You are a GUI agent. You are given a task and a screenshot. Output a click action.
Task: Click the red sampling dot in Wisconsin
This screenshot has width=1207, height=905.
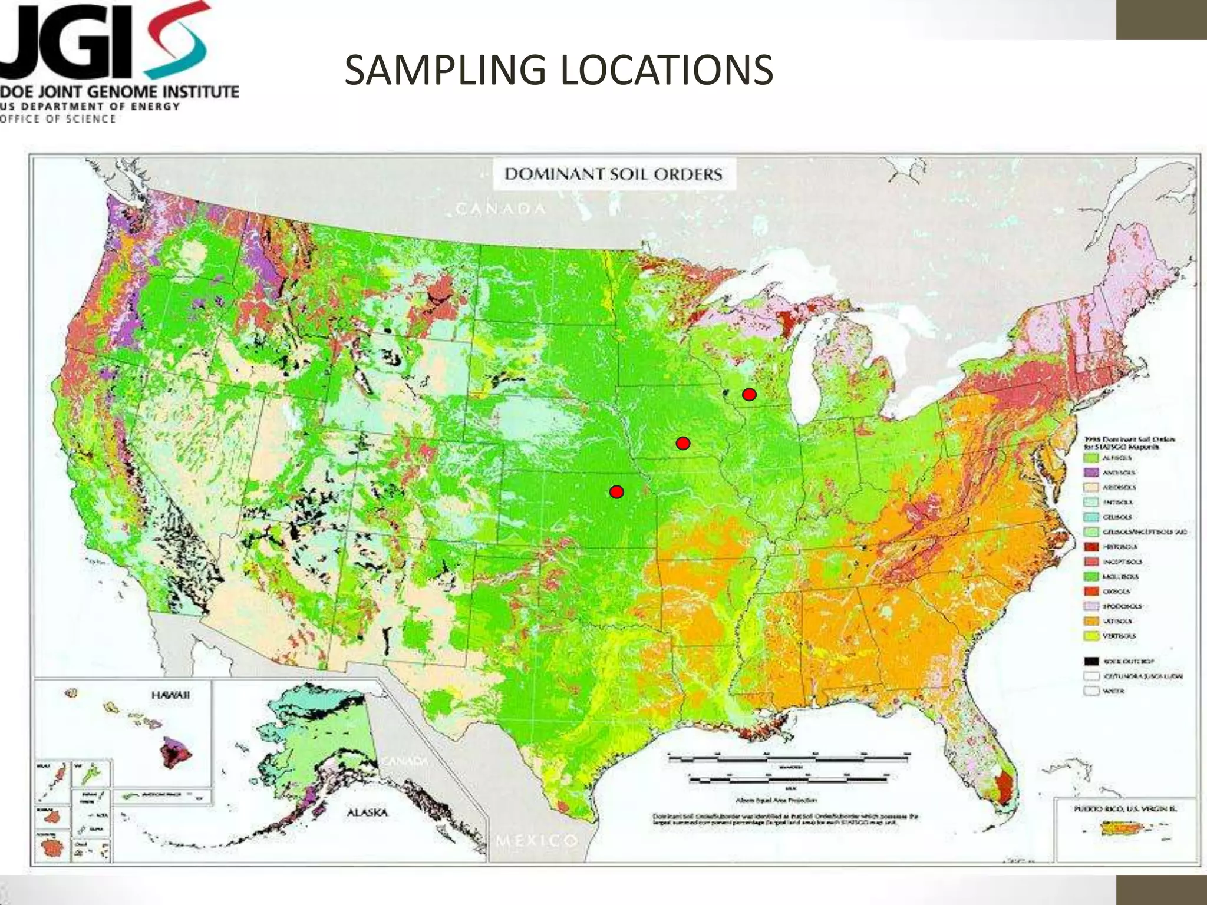pos(748,394)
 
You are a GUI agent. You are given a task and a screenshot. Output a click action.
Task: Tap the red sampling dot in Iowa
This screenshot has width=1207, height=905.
pos(682,443)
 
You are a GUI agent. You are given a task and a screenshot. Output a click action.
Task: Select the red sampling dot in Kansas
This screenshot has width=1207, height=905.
pos(616,491)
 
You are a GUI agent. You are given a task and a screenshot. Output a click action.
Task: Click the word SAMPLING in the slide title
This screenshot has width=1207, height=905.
pos(445,70)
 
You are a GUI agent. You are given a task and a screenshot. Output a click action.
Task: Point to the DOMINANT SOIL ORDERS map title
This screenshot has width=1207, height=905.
pos(613,174)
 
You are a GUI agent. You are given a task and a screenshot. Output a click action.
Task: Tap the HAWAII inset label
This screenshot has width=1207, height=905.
pos(170,695)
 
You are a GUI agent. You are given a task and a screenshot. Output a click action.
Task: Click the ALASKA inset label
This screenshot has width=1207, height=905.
pos(367,812)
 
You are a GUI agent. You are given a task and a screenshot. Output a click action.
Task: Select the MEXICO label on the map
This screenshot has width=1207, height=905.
pos(536,840)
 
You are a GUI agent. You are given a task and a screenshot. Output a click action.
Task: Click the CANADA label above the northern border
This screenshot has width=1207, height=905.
pos(501,209)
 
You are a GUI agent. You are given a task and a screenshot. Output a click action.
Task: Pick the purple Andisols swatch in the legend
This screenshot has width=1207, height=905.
pos(1092,473)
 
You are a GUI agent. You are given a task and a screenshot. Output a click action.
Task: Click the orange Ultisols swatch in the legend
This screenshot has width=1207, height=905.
pos(1092,621)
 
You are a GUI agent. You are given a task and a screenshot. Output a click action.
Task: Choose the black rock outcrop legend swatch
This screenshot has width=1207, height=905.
pos(1092,661)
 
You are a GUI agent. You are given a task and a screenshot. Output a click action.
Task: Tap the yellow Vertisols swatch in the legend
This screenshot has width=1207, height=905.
pos(1092,636)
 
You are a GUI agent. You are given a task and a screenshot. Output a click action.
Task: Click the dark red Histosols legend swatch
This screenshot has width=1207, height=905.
pos(1092,547)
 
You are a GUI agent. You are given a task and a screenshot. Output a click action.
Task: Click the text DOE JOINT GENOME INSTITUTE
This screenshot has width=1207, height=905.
pos(118,93)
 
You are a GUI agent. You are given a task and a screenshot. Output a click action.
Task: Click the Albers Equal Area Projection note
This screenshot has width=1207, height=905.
pos(776,800)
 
